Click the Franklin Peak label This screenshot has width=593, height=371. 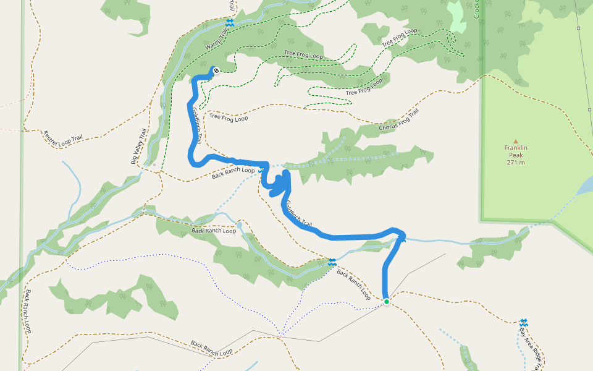tap(515, 148)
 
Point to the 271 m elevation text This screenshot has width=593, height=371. tap(515, 163)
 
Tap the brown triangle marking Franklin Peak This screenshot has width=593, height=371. tap(515, 141)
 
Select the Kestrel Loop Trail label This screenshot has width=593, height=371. tap(62, 139)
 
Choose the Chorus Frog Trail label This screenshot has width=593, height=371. tap(400, 122)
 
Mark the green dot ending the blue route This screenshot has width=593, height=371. tap(387, 302)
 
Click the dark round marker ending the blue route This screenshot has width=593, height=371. tap(216, 71)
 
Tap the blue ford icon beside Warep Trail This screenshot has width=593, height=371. tap(230, 23)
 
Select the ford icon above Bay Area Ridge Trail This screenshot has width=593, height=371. tap(524, 322)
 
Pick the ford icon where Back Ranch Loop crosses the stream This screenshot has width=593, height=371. tap(332, 262)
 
